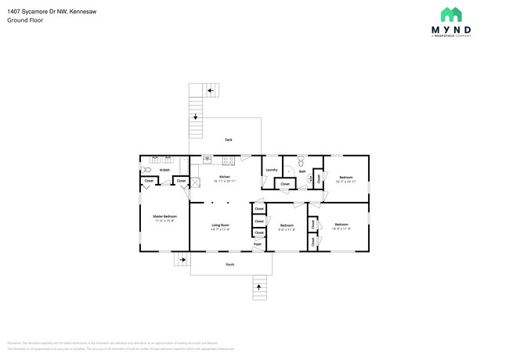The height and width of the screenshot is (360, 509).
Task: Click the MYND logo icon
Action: [450, 15]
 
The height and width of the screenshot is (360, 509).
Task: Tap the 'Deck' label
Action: [229, 140]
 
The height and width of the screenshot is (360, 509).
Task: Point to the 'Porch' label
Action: [230, 265]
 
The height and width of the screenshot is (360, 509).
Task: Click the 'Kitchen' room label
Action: [225, 178]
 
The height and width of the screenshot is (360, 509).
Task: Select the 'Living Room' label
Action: [220, 225]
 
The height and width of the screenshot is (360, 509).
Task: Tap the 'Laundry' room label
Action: [272, 170]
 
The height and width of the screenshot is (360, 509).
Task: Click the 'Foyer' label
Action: [257, 245]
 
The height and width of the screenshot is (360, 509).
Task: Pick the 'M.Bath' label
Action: [165, 170]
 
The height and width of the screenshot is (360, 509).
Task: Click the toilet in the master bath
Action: [146, 169]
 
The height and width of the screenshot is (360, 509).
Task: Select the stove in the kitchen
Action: [229, 160]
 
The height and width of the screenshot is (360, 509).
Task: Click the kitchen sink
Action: [208, 160]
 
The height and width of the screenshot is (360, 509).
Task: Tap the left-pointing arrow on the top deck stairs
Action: [210, 91]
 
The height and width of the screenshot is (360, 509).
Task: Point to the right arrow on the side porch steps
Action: [184, 258]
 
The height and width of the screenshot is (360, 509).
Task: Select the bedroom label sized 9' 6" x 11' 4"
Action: [287, 227]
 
